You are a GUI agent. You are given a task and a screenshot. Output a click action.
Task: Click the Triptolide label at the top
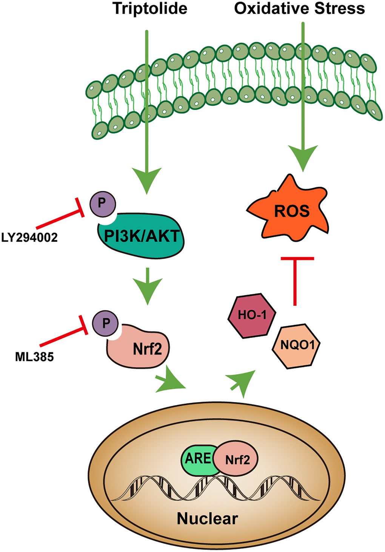[150, 8]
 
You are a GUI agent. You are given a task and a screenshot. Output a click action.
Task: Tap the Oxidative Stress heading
[299, 8]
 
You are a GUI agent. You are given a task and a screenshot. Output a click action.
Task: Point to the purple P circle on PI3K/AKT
[102, 203]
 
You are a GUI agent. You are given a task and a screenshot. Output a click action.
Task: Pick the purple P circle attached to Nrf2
[106, 323]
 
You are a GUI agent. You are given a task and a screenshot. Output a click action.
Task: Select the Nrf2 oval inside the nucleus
[237, 459]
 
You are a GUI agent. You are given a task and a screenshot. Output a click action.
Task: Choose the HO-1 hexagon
[252, 315]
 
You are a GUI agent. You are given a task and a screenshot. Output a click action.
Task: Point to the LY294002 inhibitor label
[29, 237]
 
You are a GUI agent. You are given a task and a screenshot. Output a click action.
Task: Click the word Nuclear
[207, 518]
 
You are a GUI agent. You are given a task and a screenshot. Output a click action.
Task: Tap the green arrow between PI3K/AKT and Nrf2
[148, 287]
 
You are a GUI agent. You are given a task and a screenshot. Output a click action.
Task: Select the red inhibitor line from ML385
[63, 337]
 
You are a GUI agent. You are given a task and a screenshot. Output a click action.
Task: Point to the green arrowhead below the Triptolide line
[146, 182]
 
